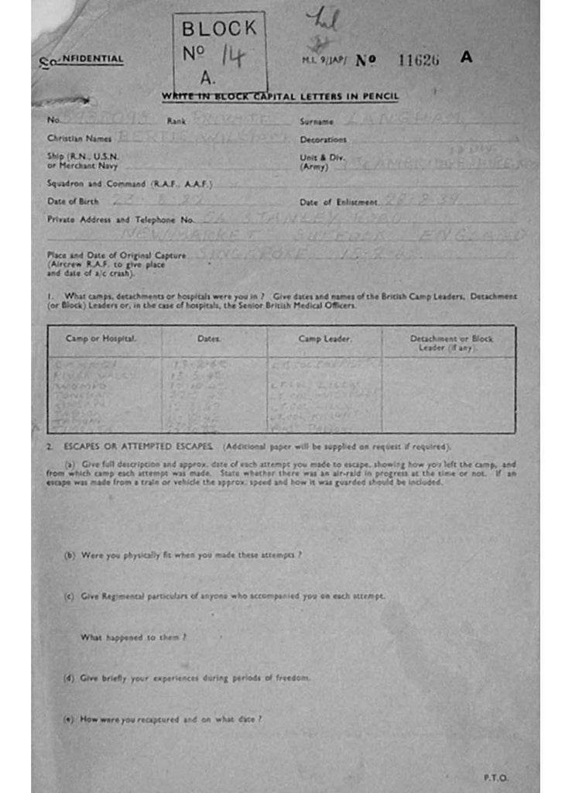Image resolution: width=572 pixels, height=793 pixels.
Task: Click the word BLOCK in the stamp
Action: [x=219, y=29]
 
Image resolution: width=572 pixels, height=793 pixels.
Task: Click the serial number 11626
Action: [x=418, y=60]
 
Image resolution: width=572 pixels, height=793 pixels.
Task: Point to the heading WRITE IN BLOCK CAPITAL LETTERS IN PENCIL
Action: [x=280, y=96]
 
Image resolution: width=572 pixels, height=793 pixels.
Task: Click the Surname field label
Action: [x=317, y=122]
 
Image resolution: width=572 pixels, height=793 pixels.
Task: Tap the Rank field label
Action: [x=176, y=122]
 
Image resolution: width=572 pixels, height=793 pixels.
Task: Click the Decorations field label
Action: [x=323, y=140]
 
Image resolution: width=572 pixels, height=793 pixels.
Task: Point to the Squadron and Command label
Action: [x=129, y=184]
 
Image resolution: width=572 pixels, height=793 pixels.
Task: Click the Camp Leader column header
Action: [x=324, y=339]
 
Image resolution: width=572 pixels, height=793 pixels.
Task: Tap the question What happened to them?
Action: [x=133, y=637]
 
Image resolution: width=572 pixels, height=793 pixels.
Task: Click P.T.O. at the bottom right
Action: [x=495, y=777]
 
